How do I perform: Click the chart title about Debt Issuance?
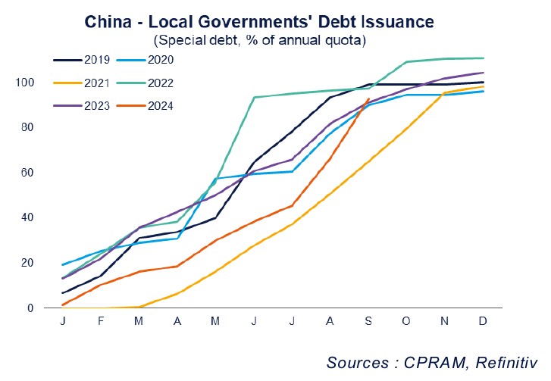pos(275,22)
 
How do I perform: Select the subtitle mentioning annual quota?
pos(275,39)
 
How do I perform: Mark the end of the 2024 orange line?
pos(368,99)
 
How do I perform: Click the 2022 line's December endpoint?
pos(484,58)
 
